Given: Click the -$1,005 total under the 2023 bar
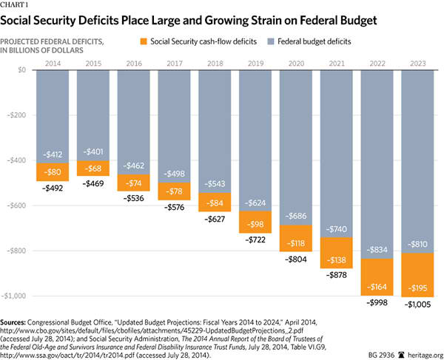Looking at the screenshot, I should [x=420, y=303].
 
